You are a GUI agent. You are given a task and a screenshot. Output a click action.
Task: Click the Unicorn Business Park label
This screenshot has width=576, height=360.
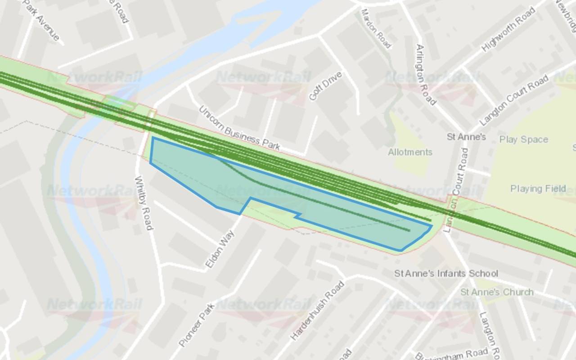(x=239, y=128)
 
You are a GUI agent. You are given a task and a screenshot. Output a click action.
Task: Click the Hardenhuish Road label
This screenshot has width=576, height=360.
(x=317, y=310)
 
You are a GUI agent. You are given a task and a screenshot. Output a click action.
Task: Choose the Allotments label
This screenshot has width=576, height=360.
(x=410, y=152)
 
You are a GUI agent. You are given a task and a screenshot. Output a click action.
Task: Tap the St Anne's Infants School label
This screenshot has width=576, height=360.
(x=446, y=273)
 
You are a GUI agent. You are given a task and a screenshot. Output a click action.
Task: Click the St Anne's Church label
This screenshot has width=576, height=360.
(x=497, y=292)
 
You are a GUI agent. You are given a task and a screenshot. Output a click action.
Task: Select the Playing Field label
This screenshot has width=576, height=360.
(x=538, y=189)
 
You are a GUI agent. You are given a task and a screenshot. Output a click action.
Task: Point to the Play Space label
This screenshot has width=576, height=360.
(x=524, y=139)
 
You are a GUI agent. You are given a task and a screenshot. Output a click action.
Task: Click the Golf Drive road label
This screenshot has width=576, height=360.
(x=325, y=85)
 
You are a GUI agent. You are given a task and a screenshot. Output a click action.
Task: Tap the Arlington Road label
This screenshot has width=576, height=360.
(x=426, y=74)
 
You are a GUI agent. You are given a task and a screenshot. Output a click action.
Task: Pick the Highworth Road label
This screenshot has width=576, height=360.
(x=508, y=29)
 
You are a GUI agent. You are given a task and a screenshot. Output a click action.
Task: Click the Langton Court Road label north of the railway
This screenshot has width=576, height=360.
(x=514, y=100)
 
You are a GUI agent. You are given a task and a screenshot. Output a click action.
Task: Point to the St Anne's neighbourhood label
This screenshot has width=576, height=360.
(x=466, y=136)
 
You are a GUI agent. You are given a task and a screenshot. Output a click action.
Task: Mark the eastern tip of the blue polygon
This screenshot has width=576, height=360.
(x=432, y=226)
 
